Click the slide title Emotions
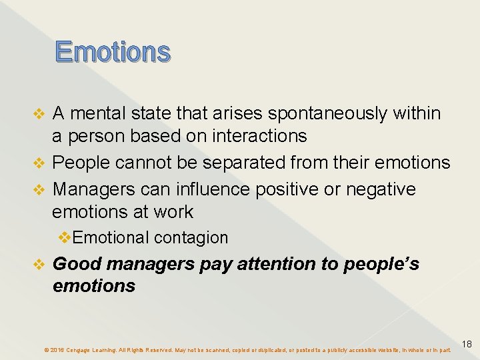click(x=113, y=52)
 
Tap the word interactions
click(x=259, y=137)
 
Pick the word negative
click(x=379, y=189)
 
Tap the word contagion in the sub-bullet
click(x=191, y=238)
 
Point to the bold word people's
click(x=381, y=264)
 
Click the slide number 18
click(x=467, y=345)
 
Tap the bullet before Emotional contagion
click(x=65, y=238)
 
